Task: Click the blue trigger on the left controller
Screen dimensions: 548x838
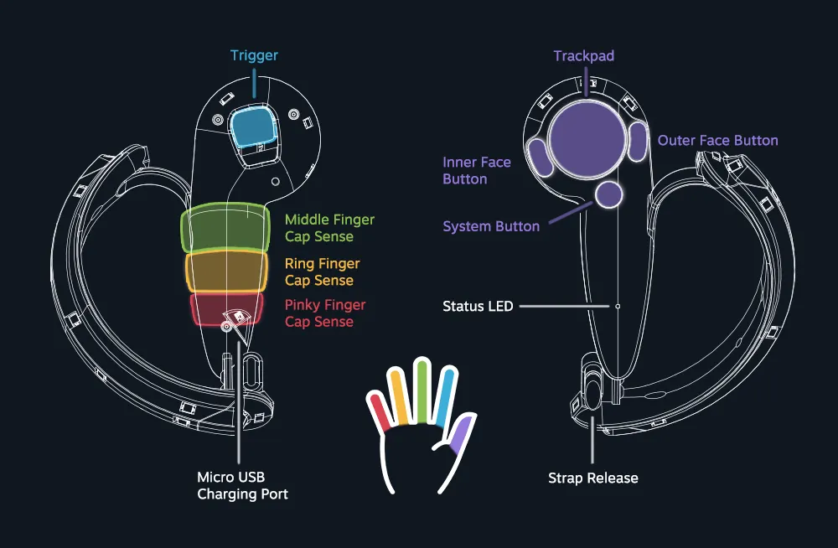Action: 253,126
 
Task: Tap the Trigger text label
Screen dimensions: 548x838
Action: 254,56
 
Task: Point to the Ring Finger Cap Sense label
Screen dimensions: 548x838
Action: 322,271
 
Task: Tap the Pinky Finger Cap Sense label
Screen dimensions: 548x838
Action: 325,313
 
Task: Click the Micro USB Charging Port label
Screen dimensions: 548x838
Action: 242,486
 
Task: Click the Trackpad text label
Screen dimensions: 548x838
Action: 584,56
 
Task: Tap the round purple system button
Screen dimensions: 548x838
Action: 609,194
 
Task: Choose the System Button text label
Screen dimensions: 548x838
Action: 491,226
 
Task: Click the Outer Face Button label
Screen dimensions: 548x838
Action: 717,141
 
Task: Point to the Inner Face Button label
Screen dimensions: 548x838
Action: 476,170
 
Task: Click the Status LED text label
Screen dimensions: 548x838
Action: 478,307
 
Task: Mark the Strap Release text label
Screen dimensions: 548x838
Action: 593,478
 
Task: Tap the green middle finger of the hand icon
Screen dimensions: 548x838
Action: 422,390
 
